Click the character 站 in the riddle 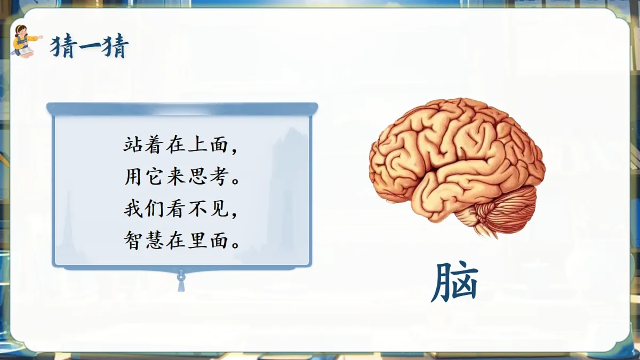point(133,146)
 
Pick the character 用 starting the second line point(133,178)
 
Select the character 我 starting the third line point(133,210)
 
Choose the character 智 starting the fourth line point(133,242)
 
